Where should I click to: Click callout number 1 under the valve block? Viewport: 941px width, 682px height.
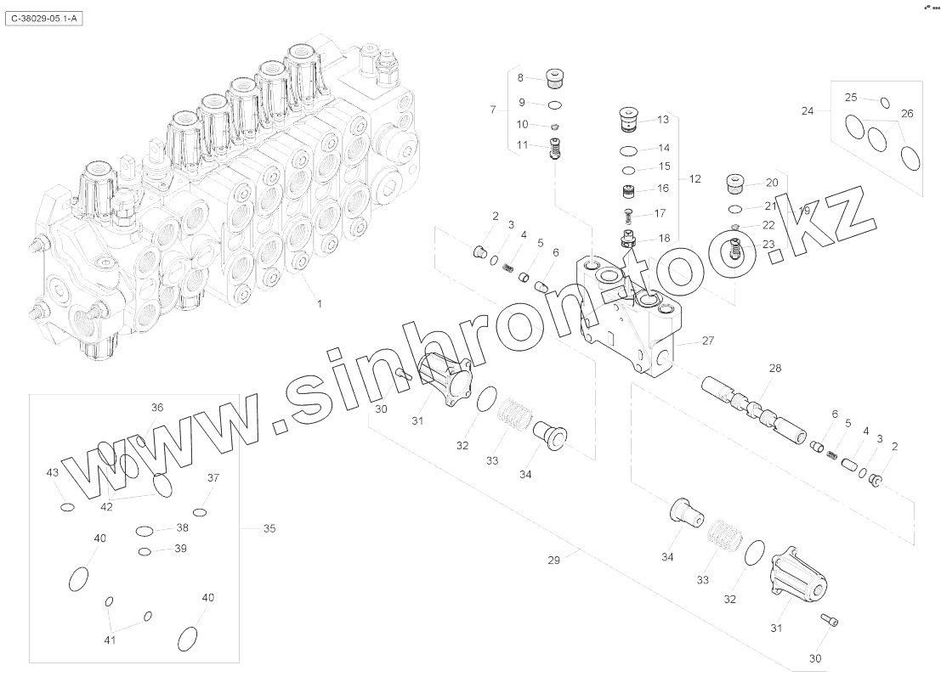click(319, 302)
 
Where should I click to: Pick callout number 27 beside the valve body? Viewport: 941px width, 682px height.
click(707, 341)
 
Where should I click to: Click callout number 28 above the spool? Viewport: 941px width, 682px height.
click(774, 368)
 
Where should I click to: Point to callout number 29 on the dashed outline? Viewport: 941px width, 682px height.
click(553, 561)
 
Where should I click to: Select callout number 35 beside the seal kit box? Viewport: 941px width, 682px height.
click(269, 528)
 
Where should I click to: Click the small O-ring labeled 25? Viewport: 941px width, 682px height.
click(884, 104)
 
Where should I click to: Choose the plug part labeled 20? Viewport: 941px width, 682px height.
click(734, 183)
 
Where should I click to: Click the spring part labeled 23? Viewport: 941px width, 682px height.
click(736, 251)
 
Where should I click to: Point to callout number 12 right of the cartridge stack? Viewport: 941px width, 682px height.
click(694, 179)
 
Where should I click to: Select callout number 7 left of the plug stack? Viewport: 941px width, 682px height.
click(492, 110)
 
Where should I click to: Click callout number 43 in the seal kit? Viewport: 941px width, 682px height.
click(52, 472)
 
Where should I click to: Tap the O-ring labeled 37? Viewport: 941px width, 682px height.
click(200, 512)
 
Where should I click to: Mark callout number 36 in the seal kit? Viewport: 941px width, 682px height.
click(157, 408)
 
